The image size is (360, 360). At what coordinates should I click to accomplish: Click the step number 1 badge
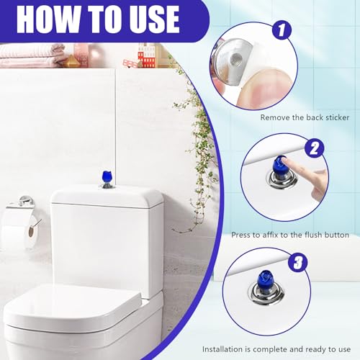(x=281, y=30)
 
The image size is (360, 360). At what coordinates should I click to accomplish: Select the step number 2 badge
(x=314, y=148)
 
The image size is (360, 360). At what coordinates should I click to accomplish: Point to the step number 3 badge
(x=298, y=262)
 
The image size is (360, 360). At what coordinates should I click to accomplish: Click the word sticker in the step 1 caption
(x=337, y=117)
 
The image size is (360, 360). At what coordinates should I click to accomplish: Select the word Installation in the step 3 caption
(x=222, y=349)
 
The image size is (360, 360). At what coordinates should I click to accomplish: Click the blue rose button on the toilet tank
(x=107, y=177)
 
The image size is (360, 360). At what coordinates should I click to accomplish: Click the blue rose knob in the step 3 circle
(x=265, y=279)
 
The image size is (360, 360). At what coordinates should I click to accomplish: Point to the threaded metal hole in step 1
(x=235, y=58)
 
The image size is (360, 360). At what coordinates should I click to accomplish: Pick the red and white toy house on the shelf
(x=146, y=56)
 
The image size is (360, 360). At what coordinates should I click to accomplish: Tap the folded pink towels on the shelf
(x=31, y=55)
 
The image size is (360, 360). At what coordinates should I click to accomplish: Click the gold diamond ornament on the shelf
(x=71, y=61)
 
